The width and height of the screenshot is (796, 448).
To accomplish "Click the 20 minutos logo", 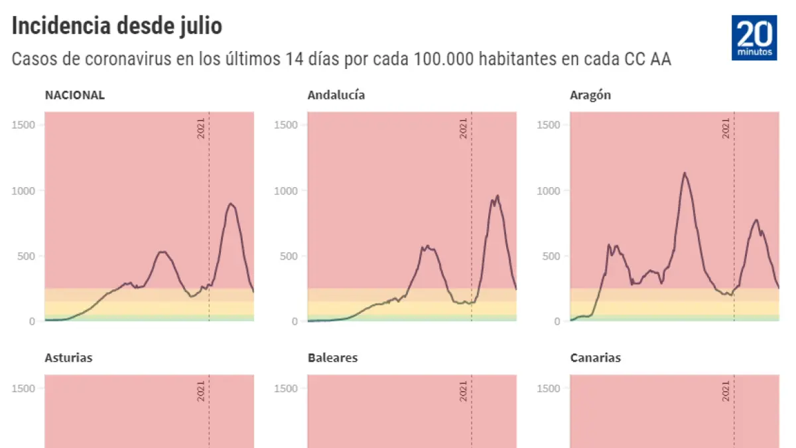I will click(x=754, y=38).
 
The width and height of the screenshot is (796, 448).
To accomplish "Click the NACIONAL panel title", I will click(x=74, y=95).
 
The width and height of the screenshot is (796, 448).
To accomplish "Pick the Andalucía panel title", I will click(x=336, y=95).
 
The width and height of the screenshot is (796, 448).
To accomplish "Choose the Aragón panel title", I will click(x=590, y=95).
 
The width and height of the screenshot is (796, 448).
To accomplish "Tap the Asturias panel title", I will click(x=68, y=358).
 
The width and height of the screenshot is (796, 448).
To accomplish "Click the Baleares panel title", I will click(x=332, y=358).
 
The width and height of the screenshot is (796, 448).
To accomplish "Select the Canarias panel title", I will click(x=595, y=358).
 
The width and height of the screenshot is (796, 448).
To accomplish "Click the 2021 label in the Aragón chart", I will click(x=726, y=128).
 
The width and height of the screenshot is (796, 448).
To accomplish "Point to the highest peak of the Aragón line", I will click(x=684, y=173).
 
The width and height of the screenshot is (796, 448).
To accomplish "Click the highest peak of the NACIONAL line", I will click(x=230, y=203).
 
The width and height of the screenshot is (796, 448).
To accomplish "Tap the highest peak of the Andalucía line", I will click(x=497, y=195).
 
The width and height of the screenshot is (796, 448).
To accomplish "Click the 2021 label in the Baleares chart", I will click(x=464, y=391).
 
